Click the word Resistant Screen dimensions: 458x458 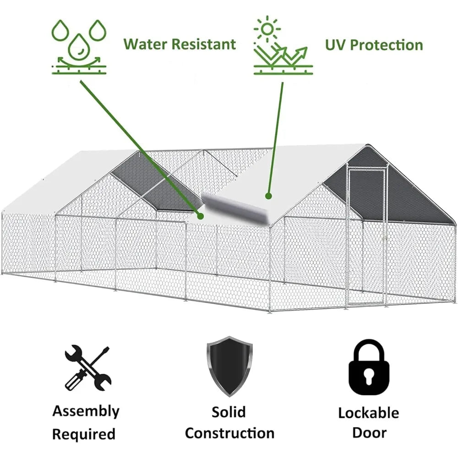[204, 44]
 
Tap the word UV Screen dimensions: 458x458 [336, 45]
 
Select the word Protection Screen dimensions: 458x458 [387, 45]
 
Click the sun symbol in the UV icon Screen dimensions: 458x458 [267, 28]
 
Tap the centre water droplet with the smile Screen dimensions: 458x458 [79, 46]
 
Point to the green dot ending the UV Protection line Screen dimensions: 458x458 [269, 196]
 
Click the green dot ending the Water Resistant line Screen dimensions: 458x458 [201, 216]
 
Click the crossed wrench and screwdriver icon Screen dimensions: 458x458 [88, 368]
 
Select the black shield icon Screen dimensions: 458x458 [229, 366]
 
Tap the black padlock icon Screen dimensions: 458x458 [369, 367]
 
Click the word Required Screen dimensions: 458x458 [84, 434]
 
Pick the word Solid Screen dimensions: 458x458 [229, 412]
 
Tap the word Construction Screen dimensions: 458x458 [229, 433]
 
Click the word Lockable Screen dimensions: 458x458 [369, 413]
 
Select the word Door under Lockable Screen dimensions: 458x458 [369, 433]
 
